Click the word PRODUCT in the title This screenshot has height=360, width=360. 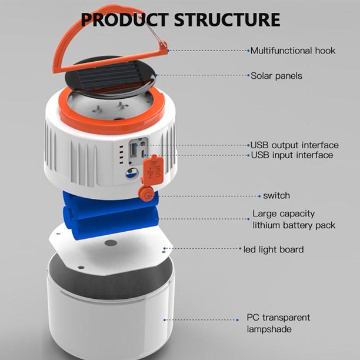(x=125, y=19)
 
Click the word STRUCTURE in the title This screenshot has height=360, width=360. (x=227, y=19)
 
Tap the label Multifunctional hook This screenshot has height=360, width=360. (x=293, y=51)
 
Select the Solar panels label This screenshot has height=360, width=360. (x=276, y=76)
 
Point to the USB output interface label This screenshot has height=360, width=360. (x=294, y=145)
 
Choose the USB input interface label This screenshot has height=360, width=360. (x=292, y=155)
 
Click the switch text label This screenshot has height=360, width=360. (x=276, y=196)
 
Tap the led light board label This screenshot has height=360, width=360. (x=274, y=249)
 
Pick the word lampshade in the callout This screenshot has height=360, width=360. (x=269, y=329)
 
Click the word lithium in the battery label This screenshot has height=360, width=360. (x=266, y=225)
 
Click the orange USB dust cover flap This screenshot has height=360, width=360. (x=154, y=169)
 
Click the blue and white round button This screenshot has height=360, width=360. (x=132, y=174)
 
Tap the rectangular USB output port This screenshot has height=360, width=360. (x=133, y=151)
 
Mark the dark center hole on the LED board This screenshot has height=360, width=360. (x=111, y=243)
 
